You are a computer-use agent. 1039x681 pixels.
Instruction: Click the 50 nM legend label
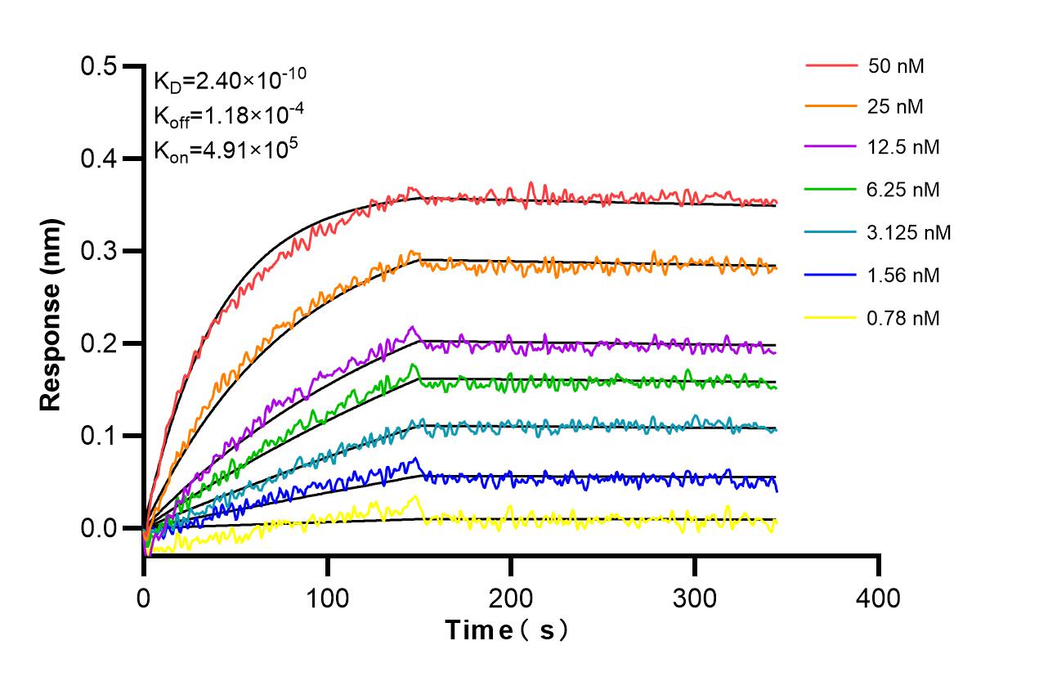point(896,66)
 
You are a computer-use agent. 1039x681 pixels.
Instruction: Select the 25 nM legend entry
point(896,105)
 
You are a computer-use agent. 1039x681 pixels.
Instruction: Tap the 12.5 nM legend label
point(903,148)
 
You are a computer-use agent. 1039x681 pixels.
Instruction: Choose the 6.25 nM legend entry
point(903,190)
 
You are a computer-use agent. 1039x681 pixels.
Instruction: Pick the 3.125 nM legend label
point(909,233)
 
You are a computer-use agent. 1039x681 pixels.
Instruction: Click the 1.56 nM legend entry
point(903,276)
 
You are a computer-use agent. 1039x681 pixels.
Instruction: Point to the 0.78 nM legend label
point(903,318)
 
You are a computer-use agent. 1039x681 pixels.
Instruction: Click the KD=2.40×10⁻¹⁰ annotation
point(230,80)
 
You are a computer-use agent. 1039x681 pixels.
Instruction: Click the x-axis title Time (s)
point(507,630)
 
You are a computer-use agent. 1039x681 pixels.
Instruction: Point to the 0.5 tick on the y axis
point(99,66)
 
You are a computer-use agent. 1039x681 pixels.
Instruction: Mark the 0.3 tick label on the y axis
point(99,251)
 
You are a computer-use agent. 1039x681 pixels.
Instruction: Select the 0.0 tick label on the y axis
point(99,528)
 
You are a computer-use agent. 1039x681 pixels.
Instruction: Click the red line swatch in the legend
point(831,65)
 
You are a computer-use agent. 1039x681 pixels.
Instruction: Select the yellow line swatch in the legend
point(831,318)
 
